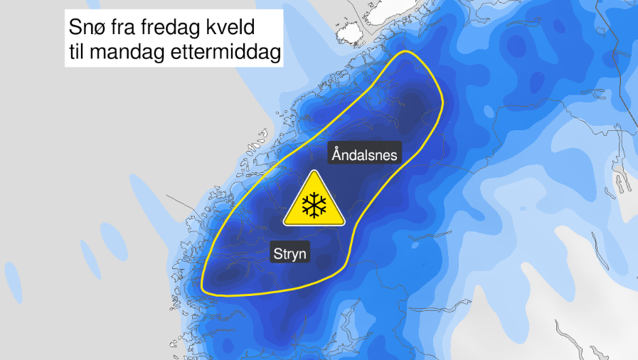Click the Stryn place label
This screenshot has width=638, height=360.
point(291,253)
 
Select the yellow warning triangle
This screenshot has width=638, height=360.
point(313,201)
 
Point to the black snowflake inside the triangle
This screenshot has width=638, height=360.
point(313,206)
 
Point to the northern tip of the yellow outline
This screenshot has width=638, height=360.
point(407,52)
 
